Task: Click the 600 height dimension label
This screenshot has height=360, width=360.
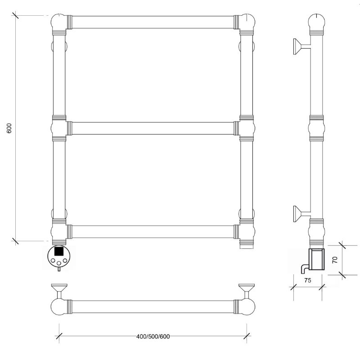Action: tap(9, 128)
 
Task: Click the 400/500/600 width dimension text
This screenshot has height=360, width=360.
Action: tap(153, 337)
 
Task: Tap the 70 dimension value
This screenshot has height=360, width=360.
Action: tap(335, 260)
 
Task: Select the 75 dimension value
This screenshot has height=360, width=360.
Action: tap(308, 280)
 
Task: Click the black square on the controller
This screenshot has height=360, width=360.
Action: tap(59, 251)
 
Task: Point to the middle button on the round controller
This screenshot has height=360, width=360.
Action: tap(59, 263)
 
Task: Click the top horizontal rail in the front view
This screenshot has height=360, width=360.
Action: tap(153, 22)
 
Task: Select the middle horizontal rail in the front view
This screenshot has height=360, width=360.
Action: tap(153, 128)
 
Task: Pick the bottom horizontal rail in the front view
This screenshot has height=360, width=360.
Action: tap(153, 232)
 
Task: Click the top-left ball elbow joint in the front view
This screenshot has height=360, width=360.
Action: tap(58, 22)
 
